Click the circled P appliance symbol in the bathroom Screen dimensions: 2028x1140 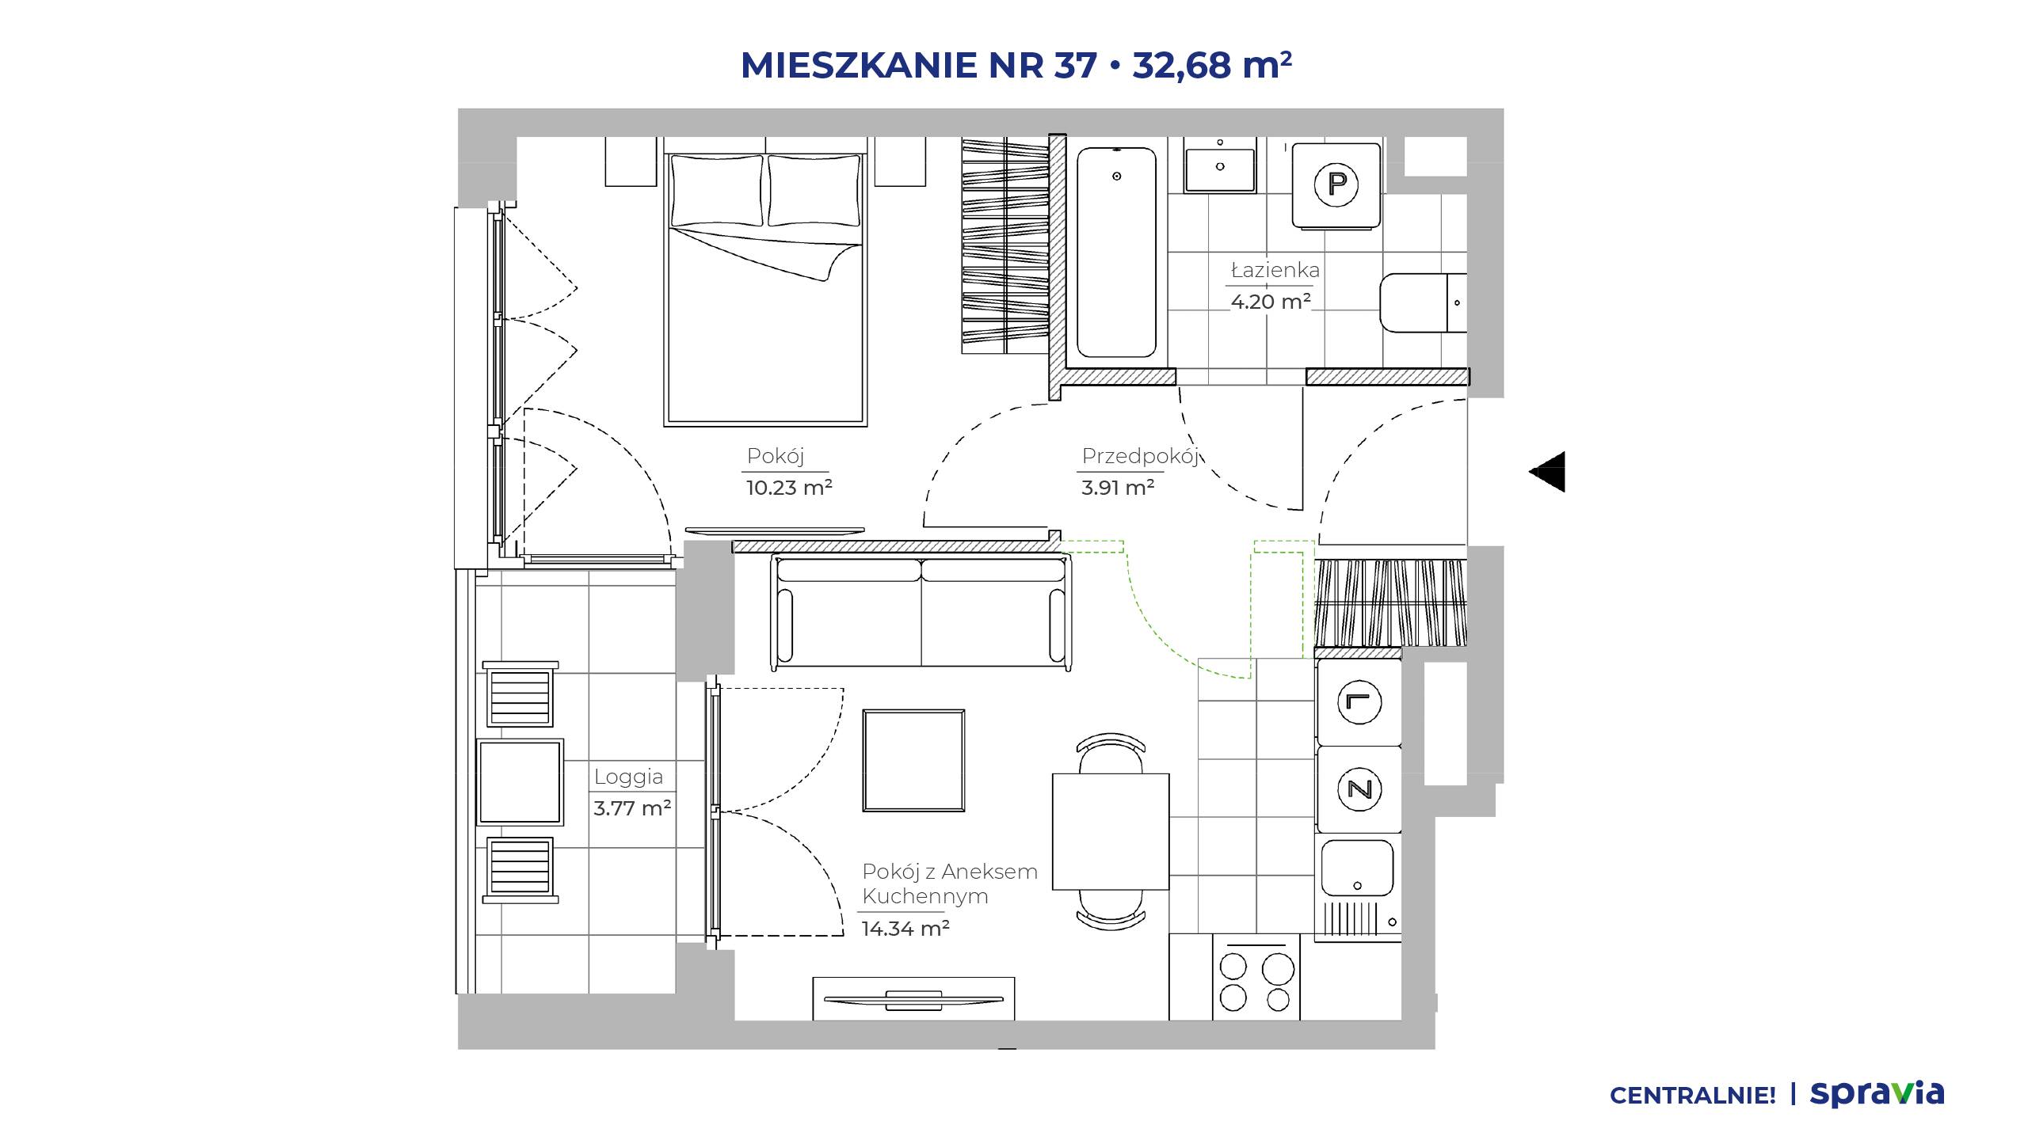pos(1336,184)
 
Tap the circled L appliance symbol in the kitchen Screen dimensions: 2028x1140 pos(1359,702)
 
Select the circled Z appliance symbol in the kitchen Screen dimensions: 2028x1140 pos(1359,788)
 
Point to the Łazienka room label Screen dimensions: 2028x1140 pos(1275,270)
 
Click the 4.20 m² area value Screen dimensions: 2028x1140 pos(1271,302)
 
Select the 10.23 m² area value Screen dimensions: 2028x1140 pos(789,488)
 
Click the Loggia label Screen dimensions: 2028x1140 pos(629,777)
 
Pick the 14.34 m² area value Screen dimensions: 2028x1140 pos(905,928)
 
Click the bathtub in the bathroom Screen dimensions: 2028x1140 pos(1116,252)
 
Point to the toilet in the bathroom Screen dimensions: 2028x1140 pos(1424,303)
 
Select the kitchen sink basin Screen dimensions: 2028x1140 pos(1357,868)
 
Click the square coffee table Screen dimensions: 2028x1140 pos(914,760)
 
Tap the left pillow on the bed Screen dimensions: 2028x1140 pos(717,190)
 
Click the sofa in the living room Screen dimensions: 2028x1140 pos(921,612)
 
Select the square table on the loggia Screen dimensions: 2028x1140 pos(520,782)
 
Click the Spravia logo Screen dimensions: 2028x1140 pos(1877,1094)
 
